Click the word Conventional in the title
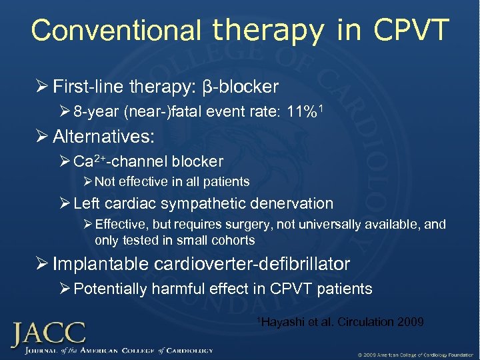point(116,31)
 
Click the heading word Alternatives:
point(103,137)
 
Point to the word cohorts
point(234,239)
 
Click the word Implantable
point(101,264)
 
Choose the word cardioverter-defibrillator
point(252,264)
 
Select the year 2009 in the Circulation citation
point(409,322)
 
